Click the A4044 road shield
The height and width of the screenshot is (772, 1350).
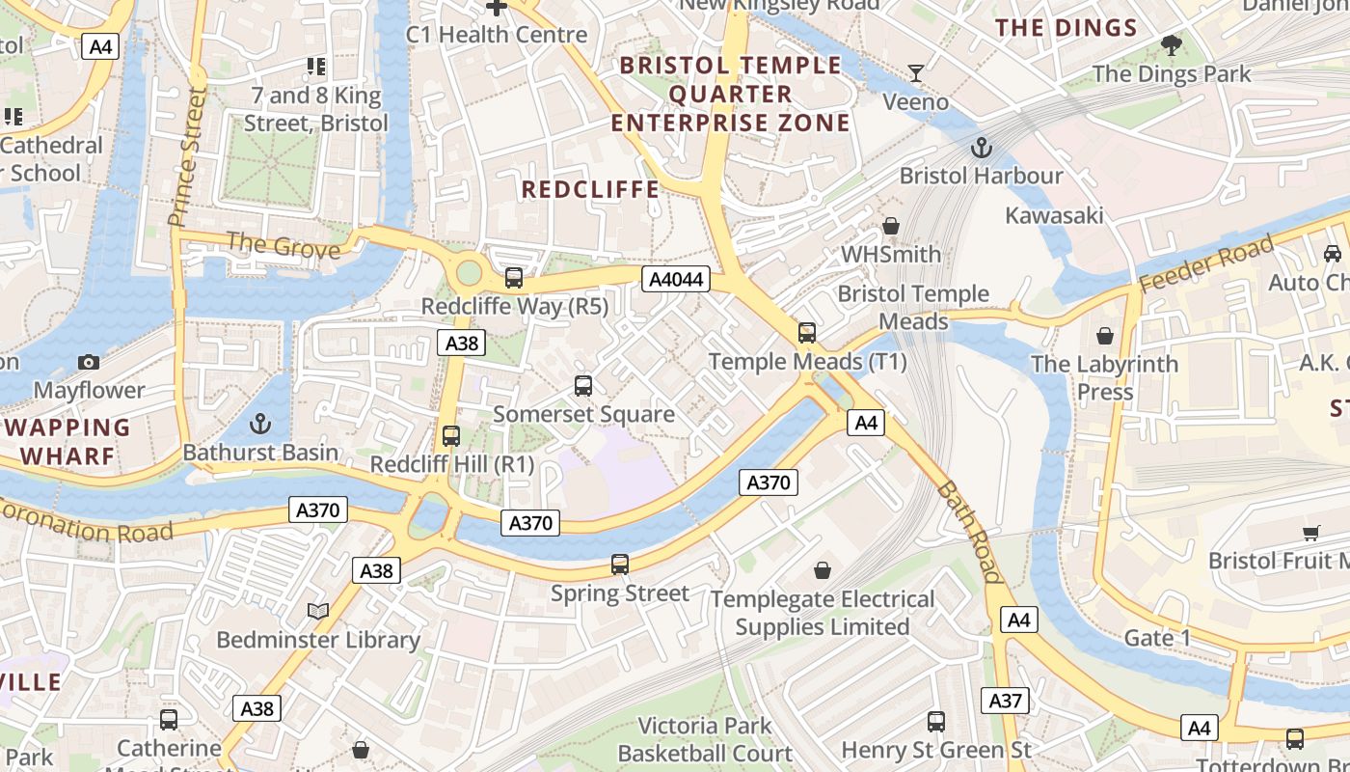pyautogui.click(x=676, y=280)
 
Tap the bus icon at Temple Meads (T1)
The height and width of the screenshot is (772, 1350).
pyautogui.click(x=807, y=333)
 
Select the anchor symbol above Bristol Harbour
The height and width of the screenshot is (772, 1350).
pyautogui.click(x=981, y=148)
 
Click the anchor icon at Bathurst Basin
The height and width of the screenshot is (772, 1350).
pyautogui.click(x=260, y=424)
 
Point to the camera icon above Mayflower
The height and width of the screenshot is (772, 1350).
pyautogui.click(x=89, y=362)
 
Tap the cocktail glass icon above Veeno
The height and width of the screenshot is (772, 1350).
pyautogui.click(x=916, y=73)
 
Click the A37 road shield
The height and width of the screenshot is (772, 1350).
pyautogui.click(x=1005, y=701)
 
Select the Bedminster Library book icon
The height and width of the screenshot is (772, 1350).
pyautogui.click(x=318, y=611)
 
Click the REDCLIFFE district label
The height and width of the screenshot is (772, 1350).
pyautogui.click(x=590, y=190)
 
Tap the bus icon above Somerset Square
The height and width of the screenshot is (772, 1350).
pyautogui.click(x=583, y=386)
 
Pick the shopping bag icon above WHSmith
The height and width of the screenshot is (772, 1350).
pyautogui.click(x=891, y=226)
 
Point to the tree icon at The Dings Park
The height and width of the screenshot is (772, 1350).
pyautogui.click(x=1172, y=44)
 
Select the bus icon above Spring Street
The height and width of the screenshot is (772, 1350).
pyautogui.click(x=620, y=565)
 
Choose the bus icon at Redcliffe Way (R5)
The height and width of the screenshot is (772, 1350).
pyautogui.click(x=514, y=278)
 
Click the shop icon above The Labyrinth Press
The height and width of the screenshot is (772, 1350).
pyautogui.click(x=1105, y=336)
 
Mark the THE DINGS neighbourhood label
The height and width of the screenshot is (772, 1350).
pyautogui.click(x=1066, y=28)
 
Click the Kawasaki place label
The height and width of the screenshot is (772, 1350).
pyautogui.click(x=1054, y=215)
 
